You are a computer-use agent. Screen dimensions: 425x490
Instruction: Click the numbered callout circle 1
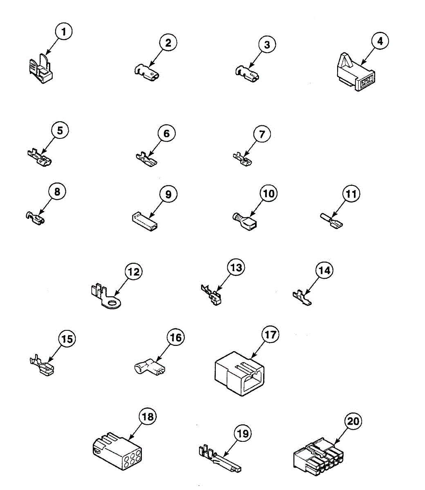click(63, 31)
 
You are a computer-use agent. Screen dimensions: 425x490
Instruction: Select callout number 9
click(168, 194)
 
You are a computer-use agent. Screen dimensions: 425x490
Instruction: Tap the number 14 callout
click(324, 270)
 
